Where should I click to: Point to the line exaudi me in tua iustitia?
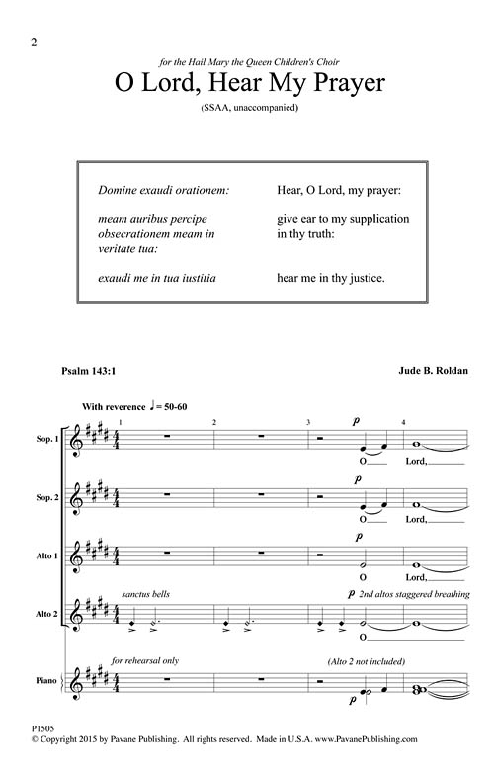coord(158,279)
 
